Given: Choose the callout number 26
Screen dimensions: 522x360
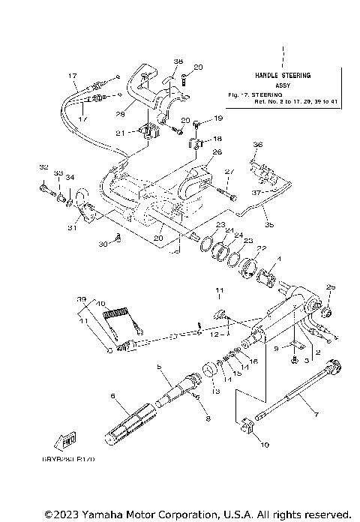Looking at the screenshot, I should point(196,151).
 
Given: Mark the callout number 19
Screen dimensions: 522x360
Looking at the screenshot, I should point(218,118).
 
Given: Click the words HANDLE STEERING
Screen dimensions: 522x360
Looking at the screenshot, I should point(283,76).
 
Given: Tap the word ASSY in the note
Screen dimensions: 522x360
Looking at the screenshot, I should point(283,85).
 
